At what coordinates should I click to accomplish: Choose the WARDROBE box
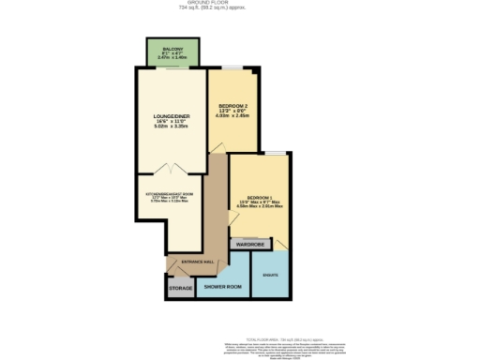[250, 244]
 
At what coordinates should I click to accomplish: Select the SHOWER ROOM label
[223, 285]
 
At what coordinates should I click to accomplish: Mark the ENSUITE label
[269, 275]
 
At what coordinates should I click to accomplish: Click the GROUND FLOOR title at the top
[240, 4]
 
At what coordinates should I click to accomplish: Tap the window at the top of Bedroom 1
[274, 152]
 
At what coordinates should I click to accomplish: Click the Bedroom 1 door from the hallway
[232, 217]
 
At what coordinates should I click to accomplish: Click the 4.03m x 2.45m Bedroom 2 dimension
[232, 116]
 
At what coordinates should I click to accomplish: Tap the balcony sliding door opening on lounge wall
[172, 67]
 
